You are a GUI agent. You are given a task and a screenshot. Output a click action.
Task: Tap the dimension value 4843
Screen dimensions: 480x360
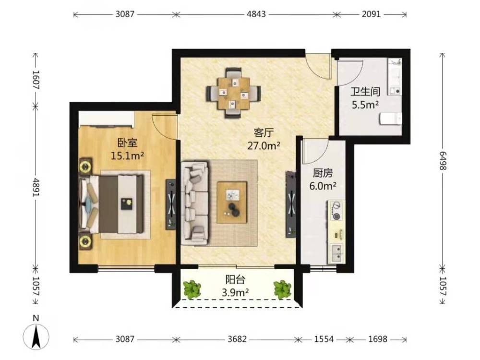click(x=256, y=14)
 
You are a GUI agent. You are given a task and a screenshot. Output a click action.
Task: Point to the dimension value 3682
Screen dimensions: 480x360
click(x=237, y=339)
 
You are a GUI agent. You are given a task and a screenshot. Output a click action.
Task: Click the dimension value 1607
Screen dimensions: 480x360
click(x=36, y=80)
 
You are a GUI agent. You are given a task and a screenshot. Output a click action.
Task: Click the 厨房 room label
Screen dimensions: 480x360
click(x=323, y=174)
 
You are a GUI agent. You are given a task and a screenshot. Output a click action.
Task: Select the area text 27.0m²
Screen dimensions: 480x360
click(x=264, y=146)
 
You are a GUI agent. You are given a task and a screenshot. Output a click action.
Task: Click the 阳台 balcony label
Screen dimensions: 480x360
click(x=235, y=279)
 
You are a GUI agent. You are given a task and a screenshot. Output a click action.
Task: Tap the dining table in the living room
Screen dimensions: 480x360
click(x=234, y=93)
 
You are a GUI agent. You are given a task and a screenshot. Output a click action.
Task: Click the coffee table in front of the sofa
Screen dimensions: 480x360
click(x=232, y=203)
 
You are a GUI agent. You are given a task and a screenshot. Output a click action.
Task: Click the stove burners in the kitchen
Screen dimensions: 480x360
click(x=336, y=211)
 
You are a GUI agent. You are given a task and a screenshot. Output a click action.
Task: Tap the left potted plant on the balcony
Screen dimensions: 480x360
click(x=192, y=289)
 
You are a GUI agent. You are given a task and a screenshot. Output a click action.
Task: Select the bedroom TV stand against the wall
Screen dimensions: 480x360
click(x=171, y=204)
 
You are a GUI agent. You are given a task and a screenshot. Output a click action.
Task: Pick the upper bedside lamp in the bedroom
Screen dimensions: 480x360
click(x=85, y=166)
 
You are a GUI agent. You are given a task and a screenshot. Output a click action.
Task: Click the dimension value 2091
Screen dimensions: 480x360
click(x=372, y=14)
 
